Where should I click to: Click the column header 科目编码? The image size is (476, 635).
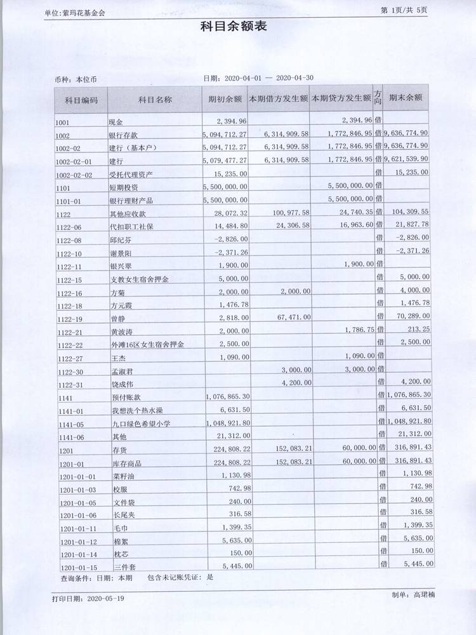(x=81, y=100)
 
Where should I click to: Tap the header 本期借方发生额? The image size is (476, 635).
(x=278, y=100)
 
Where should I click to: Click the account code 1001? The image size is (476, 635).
(x=63, y=121)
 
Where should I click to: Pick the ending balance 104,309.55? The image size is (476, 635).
(x=407, y=211)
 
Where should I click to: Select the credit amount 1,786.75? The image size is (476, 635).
(x=350, y=330)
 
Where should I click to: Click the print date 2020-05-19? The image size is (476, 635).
(x=107, y=598)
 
